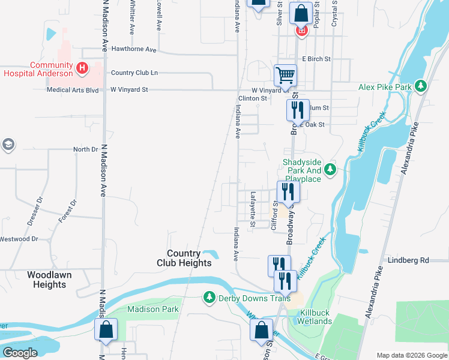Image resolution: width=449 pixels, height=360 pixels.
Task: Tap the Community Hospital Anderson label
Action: pyautogui.click(x=37, y=69)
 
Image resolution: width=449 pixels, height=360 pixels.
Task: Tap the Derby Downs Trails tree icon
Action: pyautogui.click(x=209, y=298)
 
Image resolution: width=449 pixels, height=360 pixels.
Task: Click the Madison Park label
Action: pyautogui.click(x=152, y=309)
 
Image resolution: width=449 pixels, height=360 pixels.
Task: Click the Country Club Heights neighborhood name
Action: pyautogui.click(x=184, y=258)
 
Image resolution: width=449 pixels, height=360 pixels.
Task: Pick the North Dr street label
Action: pyautogui.click(x=85, y=149)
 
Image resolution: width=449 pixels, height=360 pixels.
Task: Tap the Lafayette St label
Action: pyautogui.click(x=253, y=209)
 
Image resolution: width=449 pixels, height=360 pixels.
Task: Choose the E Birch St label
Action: pyautogui.click(x=316, y=59)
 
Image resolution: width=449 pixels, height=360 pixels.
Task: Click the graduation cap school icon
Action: pyautogui.click(x=8, y=144)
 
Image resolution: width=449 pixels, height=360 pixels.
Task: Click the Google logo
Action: pyautogui.click(x=20, y=353)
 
